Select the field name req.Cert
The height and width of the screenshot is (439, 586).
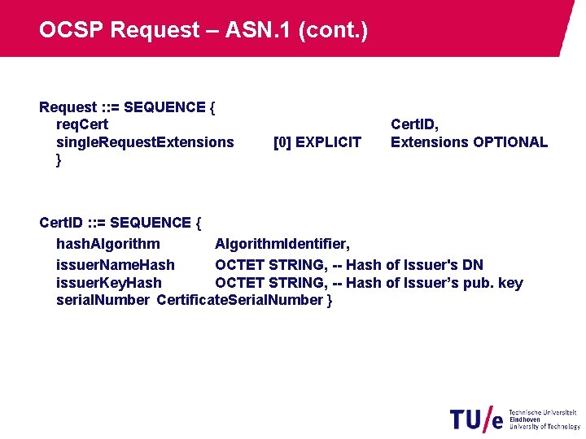(81, 124)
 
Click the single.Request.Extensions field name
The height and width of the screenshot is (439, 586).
(145, 142)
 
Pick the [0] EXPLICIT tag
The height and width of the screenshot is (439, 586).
(317, 142)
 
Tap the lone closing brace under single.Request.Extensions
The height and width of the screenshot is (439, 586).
(59, 160)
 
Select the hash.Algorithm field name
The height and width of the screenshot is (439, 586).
(107, 244)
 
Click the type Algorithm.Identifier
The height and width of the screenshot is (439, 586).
(282, 244)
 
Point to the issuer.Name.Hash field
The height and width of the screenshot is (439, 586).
(115, 265)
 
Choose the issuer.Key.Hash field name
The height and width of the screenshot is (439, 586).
(108, 283)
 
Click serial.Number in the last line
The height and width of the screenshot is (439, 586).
(103, 300)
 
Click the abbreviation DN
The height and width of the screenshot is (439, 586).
(472, 265)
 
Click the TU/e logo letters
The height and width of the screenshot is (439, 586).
(476, 419)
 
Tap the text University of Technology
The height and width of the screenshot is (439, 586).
(544, 427)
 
